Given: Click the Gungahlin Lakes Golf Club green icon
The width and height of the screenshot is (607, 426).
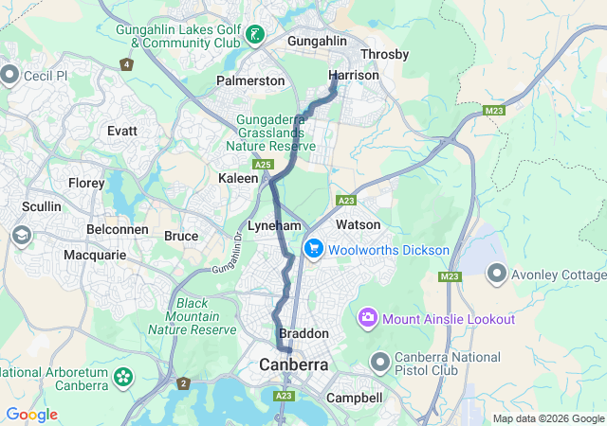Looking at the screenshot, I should (x=255, y=36).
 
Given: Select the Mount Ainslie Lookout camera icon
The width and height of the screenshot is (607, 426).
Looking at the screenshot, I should (x=367, y=318).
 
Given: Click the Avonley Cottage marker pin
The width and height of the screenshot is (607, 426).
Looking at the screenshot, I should (x=496, y=275).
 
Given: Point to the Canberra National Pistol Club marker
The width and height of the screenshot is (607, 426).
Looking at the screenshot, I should (x=380, y=363).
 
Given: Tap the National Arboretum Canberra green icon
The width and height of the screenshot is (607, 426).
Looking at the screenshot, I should (x=122, y=377).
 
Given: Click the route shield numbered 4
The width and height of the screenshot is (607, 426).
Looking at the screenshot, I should (x=127, y=64).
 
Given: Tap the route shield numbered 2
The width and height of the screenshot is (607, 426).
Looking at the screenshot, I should (x=182, y=383).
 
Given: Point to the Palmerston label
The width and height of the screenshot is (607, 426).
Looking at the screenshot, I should (x=250, y=80).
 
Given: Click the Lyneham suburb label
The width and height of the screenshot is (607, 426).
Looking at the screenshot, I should (x=274, y=226).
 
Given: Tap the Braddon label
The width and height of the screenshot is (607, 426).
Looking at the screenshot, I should (x=303, y=334).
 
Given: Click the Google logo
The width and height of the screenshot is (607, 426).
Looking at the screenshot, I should (x=31, y=415).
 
